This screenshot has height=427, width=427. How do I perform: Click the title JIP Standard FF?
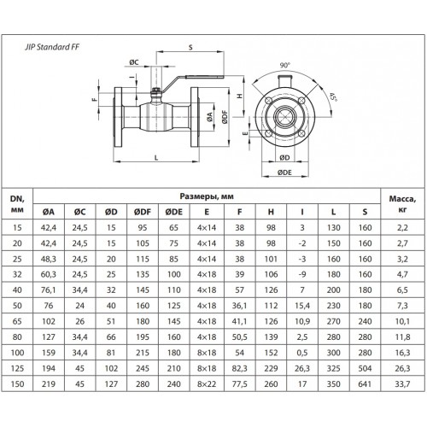[52, 47]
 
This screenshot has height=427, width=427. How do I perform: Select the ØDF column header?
[143, 212]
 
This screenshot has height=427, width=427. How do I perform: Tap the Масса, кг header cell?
[402, 204]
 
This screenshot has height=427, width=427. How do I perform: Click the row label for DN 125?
[17, 368]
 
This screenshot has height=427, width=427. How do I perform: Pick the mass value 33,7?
[402, 384]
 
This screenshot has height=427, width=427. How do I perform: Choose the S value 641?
[365, 384]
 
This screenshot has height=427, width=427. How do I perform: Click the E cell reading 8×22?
[207, 384]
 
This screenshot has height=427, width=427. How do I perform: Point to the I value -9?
[302, 274]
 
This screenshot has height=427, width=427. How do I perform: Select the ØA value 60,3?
[49, 274]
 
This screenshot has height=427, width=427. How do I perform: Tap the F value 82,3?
[239, 368]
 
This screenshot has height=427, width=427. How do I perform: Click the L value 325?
[333, 368]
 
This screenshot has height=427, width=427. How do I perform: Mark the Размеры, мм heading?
[207, 196]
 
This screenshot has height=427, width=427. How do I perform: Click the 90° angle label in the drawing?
[284, 65]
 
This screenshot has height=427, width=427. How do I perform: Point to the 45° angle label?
[333, 97]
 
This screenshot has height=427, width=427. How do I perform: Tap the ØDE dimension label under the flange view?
[284, 173]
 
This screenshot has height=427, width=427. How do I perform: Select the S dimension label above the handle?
[190, 47]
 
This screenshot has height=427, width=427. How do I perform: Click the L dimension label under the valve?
[156, 158]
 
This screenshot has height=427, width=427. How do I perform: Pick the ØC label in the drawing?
[134, 62]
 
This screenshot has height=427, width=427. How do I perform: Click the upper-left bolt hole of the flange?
[268, 101]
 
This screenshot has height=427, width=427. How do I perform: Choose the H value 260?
[271, 384]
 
